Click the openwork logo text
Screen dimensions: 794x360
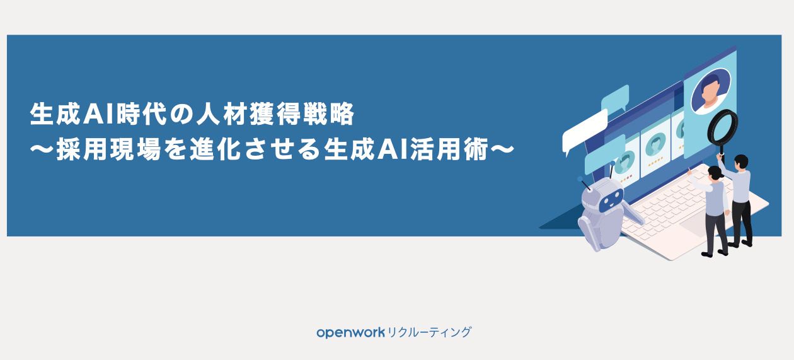coord(350,333)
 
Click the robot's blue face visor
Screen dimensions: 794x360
coord(611,200)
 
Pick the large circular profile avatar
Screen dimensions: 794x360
coord(711,91)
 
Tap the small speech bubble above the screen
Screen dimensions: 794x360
coord(615,98)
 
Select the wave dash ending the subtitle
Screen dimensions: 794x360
coord(502,149)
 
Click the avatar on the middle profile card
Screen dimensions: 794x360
coord(656,144)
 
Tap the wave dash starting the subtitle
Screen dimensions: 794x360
coord(42,149)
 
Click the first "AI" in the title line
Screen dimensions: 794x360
coord(99,114)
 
